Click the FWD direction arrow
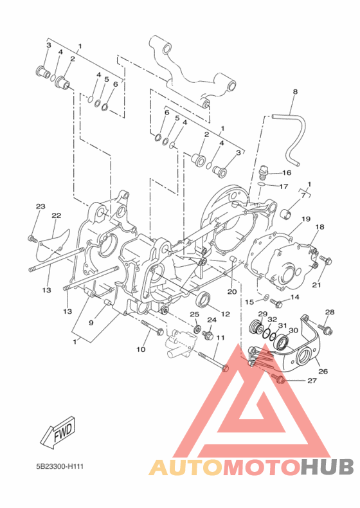[x=58, y=433]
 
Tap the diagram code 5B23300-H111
[x=60, y=467]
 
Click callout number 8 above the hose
[x=295, y=92]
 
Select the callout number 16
[x=287, y=173]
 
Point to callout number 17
[x=283, y=186]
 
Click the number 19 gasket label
[x=306, y=219]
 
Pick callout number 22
[x=57, y=215]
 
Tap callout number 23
[x=40, y=206]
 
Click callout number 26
[x=323, y=371]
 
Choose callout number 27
[x=312, y=381]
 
